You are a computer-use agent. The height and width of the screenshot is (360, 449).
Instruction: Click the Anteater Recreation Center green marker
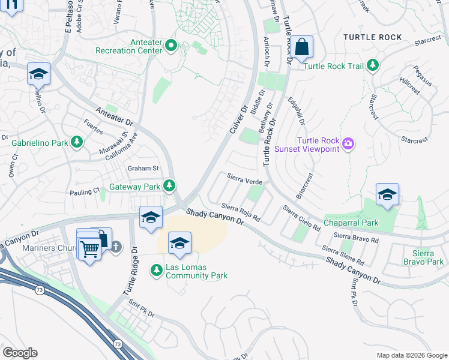coord(171,46)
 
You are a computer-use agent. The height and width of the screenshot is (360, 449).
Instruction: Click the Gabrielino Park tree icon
coord(76,143)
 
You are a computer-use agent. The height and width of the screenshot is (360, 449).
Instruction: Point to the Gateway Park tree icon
coord(170,187)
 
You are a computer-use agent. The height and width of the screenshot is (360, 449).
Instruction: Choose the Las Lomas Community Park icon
coord(156,271)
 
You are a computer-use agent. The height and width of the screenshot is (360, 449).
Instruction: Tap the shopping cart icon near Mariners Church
coord(90,248)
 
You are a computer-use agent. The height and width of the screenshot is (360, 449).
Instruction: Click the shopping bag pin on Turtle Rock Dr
coord(303,47)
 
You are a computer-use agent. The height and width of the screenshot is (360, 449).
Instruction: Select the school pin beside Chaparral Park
coord(388,194)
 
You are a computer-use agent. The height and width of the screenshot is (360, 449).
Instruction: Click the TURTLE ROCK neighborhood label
coord(372,37)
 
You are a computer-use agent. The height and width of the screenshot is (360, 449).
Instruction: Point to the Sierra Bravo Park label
coord(423,257)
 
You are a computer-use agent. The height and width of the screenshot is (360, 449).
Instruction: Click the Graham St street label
coord(142,168)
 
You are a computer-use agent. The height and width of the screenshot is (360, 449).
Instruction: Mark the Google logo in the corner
coord(20,352)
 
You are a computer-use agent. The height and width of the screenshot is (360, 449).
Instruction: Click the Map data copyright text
coord(411,355)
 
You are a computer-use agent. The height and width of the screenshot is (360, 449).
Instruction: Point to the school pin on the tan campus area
coord(179,242)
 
